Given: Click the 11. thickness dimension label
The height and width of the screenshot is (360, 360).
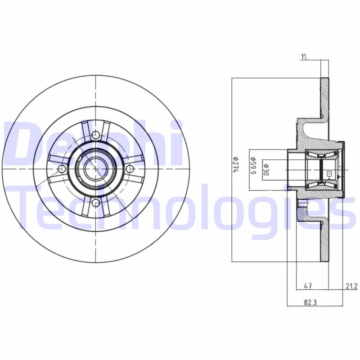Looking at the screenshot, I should [304, 56].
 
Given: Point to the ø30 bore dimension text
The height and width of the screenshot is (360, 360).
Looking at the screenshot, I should [265, 169].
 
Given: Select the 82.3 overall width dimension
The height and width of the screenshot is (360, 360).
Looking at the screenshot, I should [308, 302].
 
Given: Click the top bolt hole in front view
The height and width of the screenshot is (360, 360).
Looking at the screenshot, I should [96, 135].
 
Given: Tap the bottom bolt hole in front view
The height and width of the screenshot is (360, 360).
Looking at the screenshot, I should [96, 203].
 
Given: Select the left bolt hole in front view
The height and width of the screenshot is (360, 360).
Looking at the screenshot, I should [62, 169].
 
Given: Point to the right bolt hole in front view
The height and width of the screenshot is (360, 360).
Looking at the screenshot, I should [130, 169].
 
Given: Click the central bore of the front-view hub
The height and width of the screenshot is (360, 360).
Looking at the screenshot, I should [94, 169].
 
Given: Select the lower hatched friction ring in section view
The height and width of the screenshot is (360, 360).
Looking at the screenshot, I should [324, 243].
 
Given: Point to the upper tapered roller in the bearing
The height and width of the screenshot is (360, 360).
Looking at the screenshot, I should [322, 156].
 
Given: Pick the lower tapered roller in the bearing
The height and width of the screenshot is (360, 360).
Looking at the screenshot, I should [322, 182].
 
